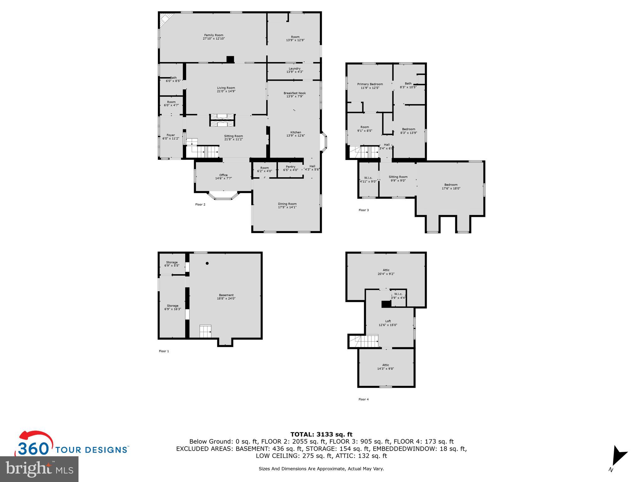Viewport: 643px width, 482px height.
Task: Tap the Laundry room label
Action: click(294, 68)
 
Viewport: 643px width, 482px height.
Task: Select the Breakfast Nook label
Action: click(294, 93)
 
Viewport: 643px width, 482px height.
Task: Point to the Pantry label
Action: click(290, 167)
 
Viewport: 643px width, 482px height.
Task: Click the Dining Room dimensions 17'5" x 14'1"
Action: click(287, 207)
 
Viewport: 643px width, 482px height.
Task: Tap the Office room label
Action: click(223, 175)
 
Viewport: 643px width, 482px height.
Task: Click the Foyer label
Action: click(170, 135)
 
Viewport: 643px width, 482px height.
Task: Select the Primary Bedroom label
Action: click(370, 84)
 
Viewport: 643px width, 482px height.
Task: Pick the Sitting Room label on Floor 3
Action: click(398, 177)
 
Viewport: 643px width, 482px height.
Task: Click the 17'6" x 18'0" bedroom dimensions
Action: click(451, 189)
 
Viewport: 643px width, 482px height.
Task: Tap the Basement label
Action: click(226, 295)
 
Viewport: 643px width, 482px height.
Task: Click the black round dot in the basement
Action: click(207, 263)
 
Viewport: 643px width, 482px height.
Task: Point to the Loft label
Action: click(388, 321)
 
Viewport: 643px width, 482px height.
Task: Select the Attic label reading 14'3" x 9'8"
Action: click(386, 369)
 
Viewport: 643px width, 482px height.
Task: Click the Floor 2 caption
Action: click(200, 205)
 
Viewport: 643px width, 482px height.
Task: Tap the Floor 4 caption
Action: click(364, 399)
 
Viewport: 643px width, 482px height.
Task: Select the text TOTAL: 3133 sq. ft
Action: click(321, 435)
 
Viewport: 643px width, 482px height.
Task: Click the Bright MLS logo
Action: click(39, 469)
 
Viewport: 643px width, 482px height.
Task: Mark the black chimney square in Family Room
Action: click(230, 60)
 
